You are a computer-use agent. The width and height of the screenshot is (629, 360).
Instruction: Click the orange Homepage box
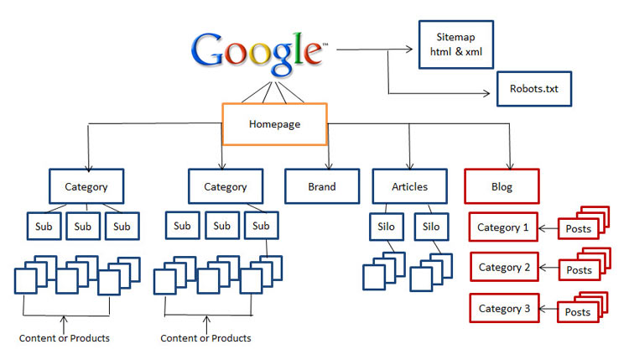tap(274, 123)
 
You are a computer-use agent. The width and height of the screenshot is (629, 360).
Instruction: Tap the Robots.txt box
tap(534, 87)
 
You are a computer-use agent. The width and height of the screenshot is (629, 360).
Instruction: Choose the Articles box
tap(409, 186)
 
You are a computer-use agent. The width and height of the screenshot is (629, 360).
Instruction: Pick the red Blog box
tap(502, 186)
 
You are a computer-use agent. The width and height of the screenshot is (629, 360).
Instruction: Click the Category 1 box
tap(503, 227)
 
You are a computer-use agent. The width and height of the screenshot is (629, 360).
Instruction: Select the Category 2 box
tap(503, 268)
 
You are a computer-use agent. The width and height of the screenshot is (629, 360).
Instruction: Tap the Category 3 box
tap(503, 309)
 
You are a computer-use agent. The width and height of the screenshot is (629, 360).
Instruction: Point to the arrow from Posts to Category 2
tap(547, 269)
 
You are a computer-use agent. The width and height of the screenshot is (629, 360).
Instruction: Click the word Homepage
tap(274, 124)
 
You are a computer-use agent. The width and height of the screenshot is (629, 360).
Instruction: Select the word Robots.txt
tap(534, 87)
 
